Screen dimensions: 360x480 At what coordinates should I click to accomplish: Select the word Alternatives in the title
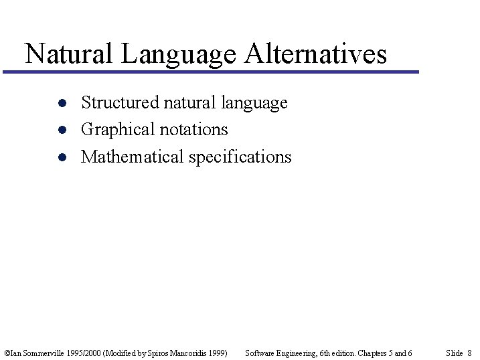[x=315, y=54]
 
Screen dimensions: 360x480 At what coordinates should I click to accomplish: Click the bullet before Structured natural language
[x=61, y=104]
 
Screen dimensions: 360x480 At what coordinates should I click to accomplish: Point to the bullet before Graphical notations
[x=61, y=130]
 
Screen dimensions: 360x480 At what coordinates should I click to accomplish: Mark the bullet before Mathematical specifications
[x=61, y=158]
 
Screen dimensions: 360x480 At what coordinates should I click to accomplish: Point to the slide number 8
[x=469, y=353]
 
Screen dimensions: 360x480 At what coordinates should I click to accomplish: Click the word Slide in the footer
[x=454, y=353]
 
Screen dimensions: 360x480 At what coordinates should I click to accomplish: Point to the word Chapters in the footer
[x=372, y=353]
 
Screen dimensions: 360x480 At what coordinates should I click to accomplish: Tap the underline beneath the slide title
[x=211, y=72]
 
